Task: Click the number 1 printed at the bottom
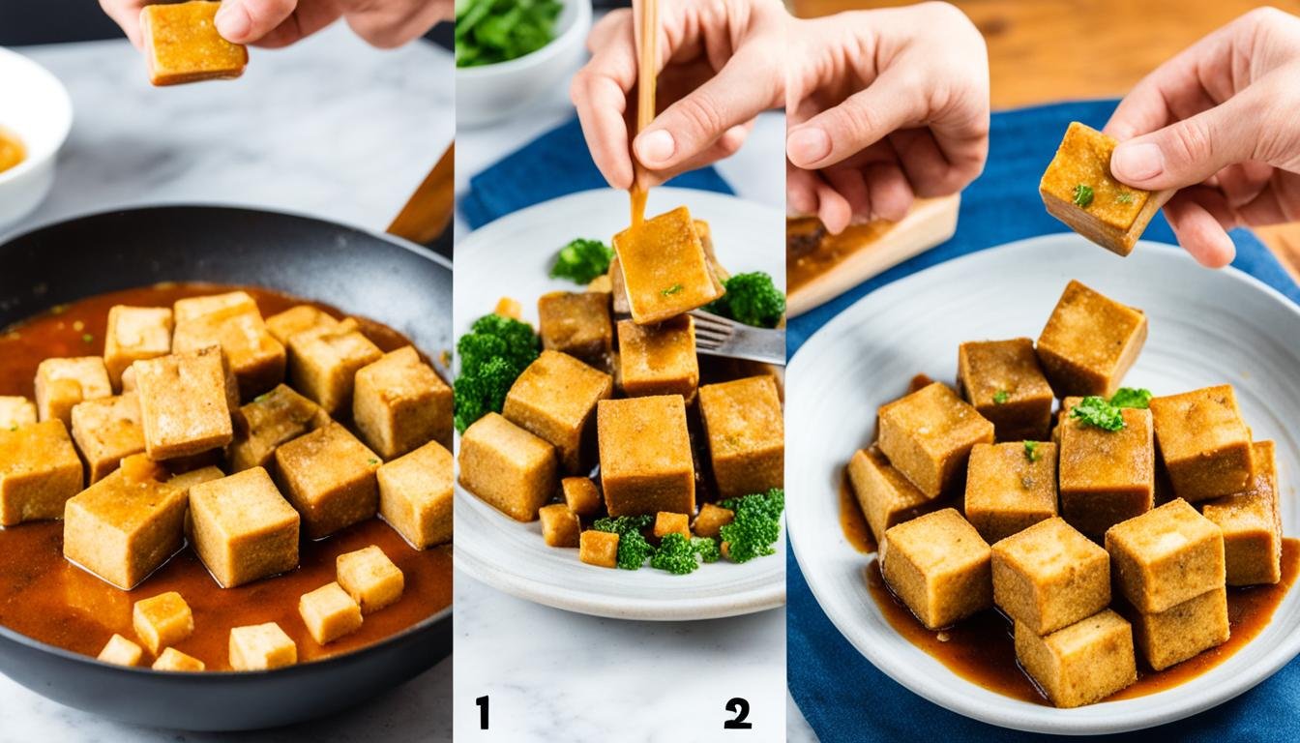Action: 482,712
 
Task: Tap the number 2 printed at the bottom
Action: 737,713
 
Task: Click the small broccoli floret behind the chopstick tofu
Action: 582,259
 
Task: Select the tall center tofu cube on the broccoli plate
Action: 645,455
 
